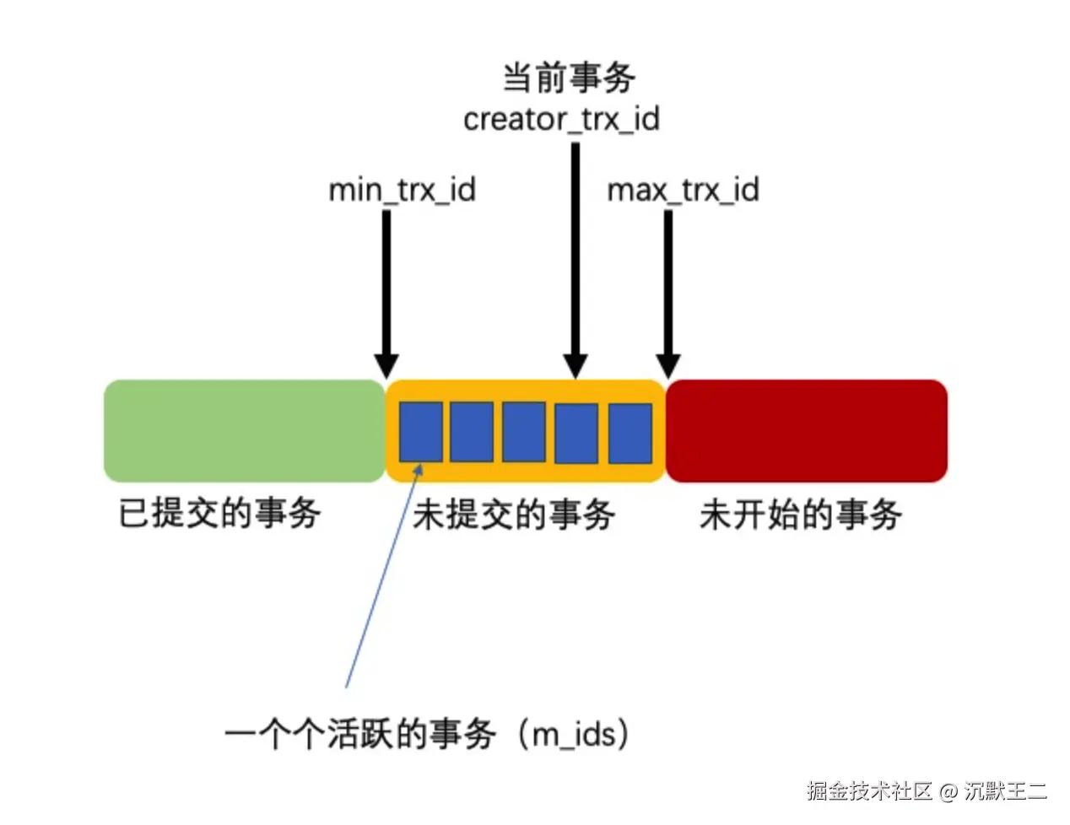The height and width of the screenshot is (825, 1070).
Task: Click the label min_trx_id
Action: pos(402,190)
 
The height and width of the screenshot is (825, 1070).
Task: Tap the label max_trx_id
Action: pos(683,190)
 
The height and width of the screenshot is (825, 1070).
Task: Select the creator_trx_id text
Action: pos(561,120)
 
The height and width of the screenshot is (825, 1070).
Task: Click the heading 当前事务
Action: pos(568,78)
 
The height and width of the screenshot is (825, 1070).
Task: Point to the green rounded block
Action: pos(244,431)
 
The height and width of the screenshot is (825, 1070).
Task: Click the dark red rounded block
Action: pos(807,431)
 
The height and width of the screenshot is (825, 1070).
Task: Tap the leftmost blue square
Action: pos(420,432)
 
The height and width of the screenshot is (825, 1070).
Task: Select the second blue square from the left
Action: pos(472,432)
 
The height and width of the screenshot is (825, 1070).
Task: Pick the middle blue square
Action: pos(524,432)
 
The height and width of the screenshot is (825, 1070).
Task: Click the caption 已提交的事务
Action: pos(219,513)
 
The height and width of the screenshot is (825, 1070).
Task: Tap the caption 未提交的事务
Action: pos(513,515)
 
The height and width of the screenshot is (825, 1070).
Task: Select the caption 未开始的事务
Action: pos(800,515)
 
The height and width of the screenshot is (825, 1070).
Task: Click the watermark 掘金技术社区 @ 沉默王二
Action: pos(927,791)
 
